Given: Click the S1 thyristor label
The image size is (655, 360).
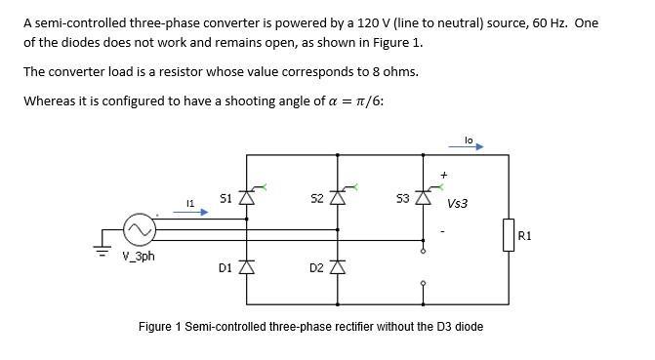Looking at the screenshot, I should click(x=225, y=197).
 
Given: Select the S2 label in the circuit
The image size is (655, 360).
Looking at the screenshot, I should click(x=316, y=198).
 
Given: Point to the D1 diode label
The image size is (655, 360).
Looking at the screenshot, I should click(x=225, y=266).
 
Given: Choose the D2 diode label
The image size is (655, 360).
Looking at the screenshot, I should click(x=315, y=266).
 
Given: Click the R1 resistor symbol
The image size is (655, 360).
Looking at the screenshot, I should click(x=508, y=235).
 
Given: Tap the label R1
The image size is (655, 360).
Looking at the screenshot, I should click(x=525, y=235).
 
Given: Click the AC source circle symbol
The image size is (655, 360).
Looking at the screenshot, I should click(x=139, y=230).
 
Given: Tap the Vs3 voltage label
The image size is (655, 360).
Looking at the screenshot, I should click(x=457, y=204).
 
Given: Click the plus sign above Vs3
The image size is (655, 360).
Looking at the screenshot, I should click(x=444, y=175).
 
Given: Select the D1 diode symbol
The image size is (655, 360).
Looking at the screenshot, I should click(x=247, y=266).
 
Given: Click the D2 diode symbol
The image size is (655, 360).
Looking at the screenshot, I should click(x=338, y=266).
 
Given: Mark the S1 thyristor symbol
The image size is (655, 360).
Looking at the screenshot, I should click(x=247, y=196).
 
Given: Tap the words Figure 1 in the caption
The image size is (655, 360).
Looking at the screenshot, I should click(x=159, y=326).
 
